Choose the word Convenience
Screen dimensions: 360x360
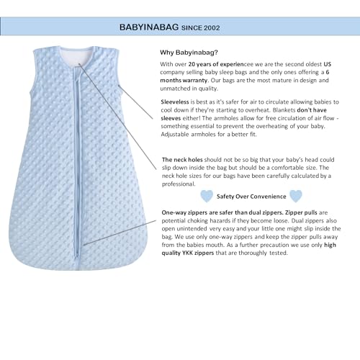pyautogui.click(x=262, y=195)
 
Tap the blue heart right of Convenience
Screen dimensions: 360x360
pyautogui.click(x=295, y=195)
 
